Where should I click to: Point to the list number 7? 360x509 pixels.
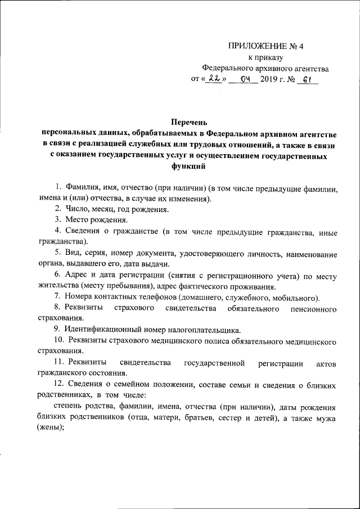57,297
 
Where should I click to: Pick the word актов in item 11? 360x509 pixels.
326,363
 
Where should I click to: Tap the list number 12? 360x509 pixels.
58,384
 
